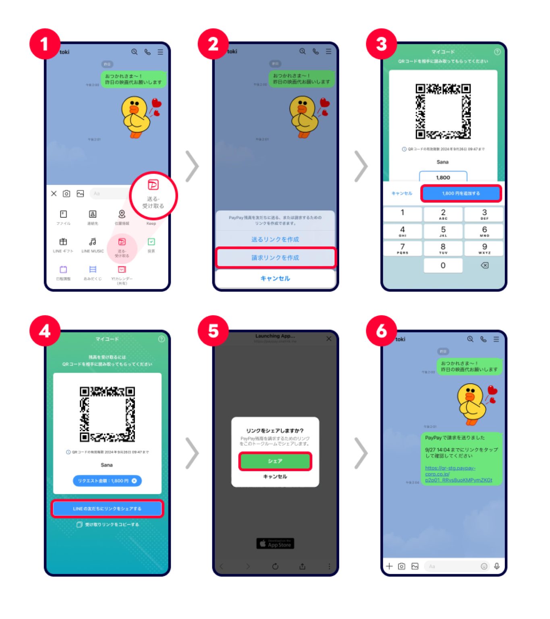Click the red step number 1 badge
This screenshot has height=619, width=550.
45,44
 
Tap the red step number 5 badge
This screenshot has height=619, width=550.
213,331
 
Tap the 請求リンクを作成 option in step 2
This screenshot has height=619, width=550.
275,258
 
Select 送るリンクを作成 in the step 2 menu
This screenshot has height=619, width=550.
275,239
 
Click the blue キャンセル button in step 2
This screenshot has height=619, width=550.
275,278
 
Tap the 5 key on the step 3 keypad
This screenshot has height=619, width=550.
443,231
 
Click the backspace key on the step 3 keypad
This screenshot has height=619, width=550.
484,266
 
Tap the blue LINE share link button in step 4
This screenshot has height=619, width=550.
107,509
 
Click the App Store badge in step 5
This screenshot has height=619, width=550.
275,544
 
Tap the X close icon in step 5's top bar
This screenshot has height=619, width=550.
329,339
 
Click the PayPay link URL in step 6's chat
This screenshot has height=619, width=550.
458,474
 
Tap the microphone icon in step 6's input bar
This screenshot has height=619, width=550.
497,566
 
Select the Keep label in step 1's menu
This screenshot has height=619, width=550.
151,223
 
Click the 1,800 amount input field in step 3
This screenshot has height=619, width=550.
443,177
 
